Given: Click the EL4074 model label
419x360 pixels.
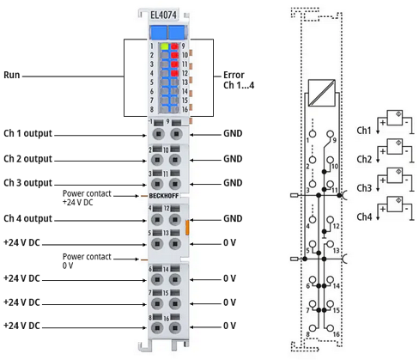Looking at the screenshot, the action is coord(163,15).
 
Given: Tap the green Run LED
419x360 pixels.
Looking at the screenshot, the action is coord(165,46).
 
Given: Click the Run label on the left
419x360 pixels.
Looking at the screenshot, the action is coord(12,75).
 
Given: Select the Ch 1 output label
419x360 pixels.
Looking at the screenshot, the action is coord(27,133).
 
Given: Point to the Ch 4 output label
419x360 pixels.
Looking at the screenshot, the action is coord(27,218).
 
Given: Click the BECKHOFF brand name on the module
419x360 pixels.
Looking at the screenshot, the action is coord(164,196).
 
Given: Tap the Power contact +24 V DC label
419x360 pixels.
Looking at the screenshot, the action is coord(87,198).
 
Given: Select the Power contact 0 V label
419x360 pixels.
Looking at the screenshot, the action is coord(87,261).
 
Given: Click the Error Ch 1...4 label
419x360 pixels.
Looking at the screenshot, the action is coord(239,80).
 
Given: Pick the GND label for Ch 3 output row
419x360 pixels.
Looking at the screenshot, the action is coord(233,183).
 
